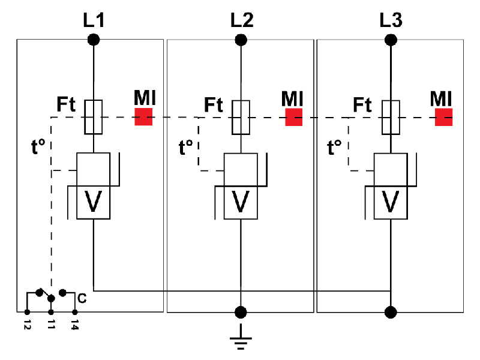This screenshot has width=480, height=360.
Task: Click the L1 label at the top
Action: pyautogui.click(x=94, y=20)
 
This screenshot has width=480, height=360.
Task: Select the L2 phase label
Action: pyautogui.click(x=241, y=20)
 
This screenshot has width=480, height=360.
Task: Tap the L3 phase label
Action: pyautogui.click(x=391, y=20)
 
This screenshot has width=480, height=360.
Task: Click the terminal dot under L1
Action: pyautogui.click(x=94, y=40)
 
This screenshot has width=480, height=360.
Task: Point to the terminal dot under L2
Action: pyautogui.click(x=241, y=40)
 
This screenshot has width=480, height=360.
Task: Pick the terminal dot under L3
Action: pyautogui.click(x=391, y=40)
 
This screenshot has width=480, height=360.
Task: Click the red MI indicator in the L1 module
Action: pyautogui.click(x=143, y=116)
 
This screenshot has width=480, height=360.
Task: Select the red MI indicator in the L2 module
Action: pyautogui.click(x=293, y=116)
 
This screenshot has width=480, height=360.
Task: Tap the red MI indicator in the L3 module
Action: pyautogui.click(x=443, y=116)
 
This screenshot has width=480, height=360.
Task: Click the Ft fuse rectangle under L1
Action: pyautogui.click(x=94, y=117)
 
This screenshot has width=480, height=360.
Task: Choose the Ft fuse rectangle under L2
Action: pyautogui.click(x=241, y=117)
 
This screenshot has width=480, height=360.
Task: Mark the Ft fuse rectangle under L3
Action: pyautogui.click(x=391, y=117)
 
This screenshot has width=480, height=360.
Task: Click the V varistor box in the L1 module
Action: pyautogui.click(x=94, y=202)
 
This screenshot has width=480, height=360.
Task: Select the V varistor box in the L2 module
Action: pyautogui.click(x=241, y=202)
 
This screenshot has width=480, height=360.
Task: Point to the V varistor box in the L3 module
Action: pyautogui.click(x=391, y=202)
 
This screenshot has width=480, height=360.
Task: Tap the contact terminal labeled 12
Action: pyautogui.click(x=27, y=312)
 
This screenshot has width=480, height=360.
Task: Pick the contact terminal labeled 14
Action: pyautogui.click(x=74, y=312)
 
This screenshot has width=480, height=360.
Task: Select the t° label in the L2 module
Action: pyautogui.click(x=187, y=146)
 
